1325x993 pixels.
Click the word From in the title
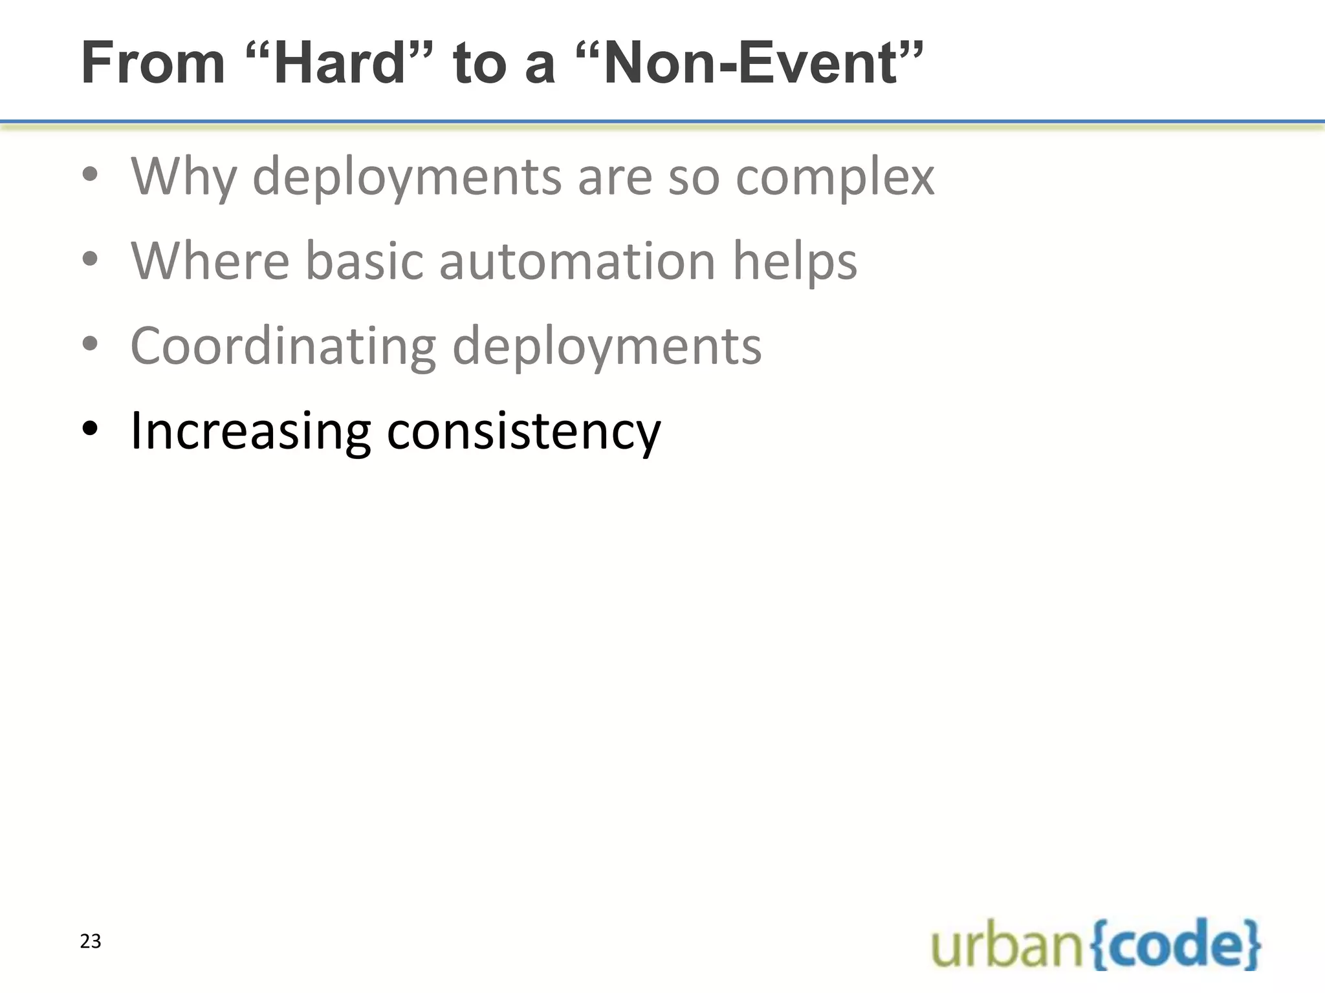tap(153, 63)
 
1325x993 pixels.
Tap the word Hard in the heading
tap(339, 63)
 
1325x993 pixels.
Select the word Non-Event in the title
tap(751, 63)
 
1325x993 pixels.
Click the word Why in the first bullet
tap(184, 176)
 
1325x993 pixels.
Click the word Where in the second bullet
tap(210, 261)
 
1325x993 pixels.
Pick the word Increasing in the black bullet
tap(250, 431)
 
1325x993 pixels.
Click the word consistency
tap(523, 431)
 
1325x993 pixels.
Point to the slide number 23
tap(91, 941)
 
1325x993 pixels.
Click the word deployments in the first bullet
tap(407, 176)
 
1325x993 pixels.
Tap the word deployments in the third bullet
tap(606, 346)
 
